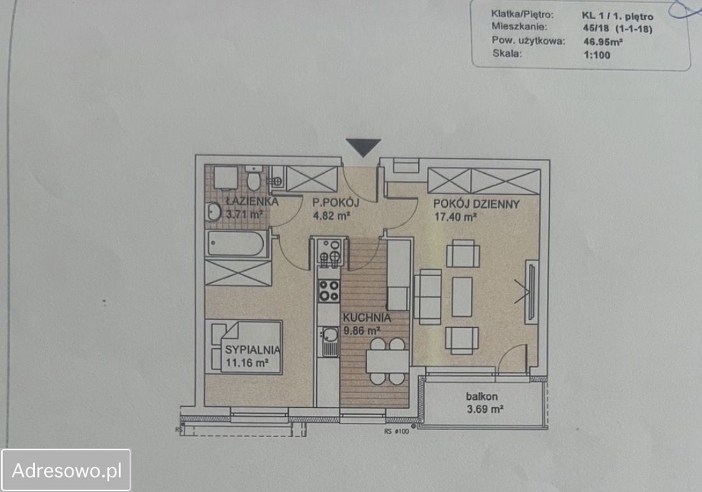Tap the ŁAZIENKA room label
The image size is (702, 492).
(x=252, y=201)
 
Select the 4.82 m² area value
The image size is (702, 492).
(x=332, y=216)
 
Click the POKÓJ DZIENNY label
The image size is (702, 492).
(x=477, y=204)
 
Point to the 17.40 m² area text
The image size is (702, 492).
(x=455, y=217)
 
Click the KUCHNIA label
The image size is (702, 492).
(x=367, y=318)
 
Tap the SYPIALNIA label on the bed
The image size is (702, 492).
(x=252, y=350)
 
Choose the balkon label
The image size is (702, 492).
(x=482, y=397)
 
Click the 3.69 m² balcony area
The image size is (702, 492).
(x=485, y=409)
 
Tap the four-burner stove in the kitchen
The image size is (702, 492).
(x=328, y=291)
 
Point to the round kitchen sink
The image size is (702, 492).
(x=330, y=334)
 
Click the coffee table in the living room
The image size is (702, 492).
(x=462, y=297)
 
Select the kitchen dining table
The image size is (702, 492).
(x=387, y=362)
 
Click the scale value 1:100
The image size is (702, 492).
(x=597, y=55)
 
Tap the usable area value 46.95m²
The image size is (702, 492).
(x=603, y=42)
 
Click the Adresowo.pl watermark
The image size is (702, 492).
(x=66, y=470)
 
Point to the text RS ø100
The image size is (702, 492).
(x=396, y=431)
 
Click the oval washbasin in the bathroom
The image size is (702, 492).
(x=213, y=211)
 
